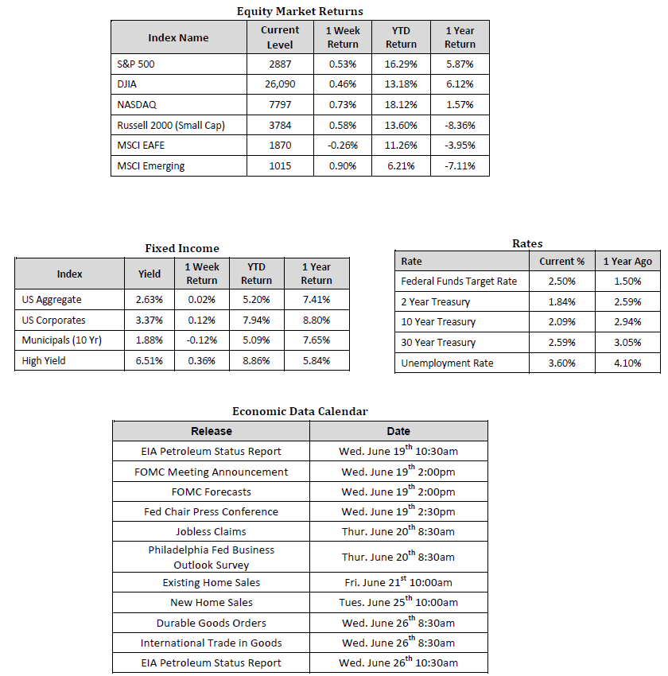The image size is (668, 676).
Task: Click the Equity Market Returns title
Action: [x=300, y=11]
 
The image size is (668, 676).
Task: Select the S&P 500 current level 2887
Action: [x=280, y=64]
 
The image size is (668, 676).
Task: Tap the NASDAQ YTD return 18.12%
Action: [x=401, y=105]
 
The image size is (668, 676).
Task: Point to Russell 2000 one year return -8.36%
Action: [x=460, y=125]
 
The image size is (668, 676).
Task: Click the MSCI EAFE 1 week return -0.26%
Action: [x=343, y=146]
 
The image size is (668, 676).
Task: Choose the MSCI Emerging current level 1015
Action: [x=280, y=165]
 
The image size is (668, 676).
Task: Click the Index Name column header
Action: [x=178, y=37]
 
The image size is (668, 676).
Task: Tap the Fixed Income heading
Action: [x=182, y=248]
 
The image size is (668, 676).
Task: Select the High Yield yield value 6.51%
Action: [x=149, y=360]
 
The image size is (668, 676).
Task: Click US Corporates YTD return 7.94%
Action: [x=256, y=321]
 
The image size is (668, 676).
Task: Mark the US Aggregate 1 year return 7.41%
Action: [x=317, y=300]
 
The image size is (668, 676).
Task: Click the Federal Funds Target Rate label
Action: [x=459, y=281]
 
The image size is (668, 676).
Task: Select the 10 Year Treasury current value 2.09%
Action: [x=562, y=322]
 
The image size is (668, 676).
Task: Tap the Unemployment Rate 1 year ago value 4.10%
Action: [x=627, y=363]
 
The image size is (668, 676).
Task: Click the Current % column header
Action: [x=562, y=261]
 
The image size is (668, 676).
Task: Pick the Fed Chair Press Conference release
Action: [x=211, y=511]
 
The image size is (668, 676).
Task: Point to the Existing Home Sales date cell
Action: [x=398, y=582]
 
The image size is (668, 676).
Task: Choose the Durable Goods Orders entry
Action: [x=211, y=623]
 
